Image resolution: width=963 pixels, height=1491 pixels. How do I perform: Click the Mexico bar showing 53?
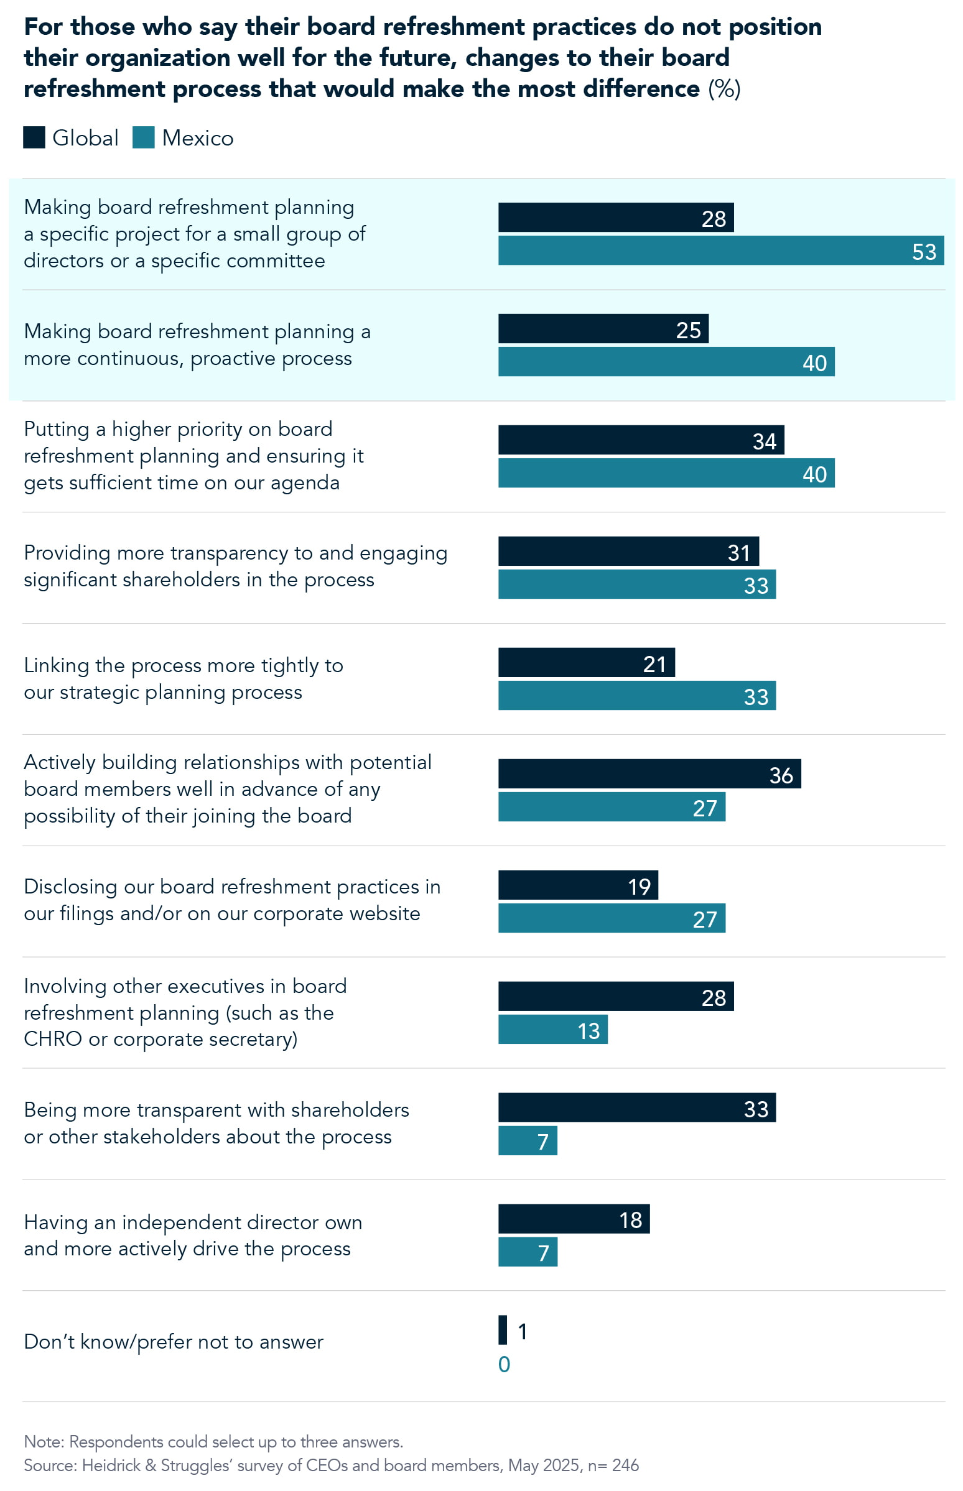tap(720, 250)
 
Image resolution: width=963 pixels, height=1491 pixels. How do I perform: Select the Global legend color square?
tap(34, 137)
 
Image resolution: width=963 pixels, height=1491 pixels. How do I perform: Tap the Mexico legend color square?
tap(143, 137)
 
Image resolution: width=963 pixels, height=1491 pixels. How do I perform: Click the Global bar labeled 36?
tap(649, 773)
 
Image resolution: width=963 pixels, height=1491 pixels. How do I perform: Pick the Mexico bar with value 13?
tap(553, 1029)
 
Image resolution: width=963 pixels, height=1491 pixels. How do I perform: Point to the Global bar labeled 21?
tap(586, 662)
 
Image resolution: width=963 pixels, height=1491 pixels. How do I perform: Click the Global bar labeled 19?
tap(578, 885)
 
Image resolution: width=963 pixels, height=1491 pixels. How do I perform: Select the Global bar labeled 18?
tap(574, 1219)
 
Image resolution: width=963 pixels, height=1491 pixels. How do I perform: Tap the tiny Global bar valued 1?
tap(502, 1330)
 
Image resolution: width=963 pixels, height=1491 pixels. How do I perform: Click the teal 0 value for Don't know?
tap(504, 1364)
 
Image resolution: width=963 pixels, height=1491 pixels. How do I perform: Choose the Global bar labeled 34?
tap(641, 440)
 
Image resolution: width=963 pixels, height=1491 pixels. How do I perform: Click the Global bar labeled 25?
tap(603, 329)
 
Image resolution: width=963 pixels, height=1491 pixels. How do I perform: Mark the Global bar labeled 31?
tap(628, 551)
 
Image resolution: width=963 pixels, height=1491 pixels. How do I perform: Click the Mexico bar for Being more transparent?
tap(527, 1140)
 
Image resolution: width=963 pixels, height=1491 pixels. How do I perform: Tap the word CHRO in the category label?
tap(52, 1038)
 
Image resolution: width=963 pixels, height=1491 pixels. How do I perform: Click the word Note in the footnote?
tap(43, 1442)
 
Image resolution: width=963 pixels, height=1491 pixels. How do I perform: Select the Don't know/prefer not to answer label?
tap(173, 1342)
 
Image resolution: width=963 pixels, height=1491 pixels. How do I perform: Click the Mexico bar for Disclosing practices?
tap(612, 918)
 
